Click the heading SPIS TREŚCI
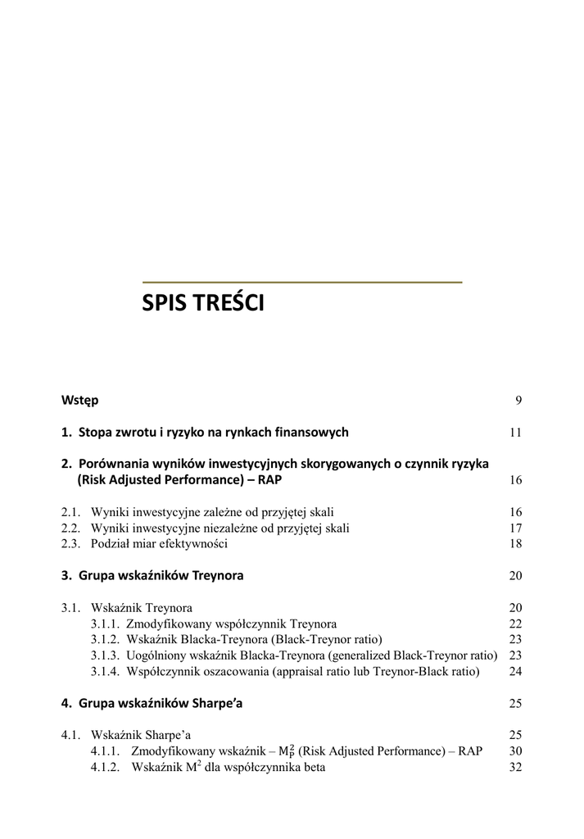click(x=203, y=304)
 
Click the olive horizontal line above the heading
click(x=301, y=282)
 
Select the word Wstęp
click(x=79, y=400)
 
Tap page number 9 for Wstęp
click(x=518, y=401)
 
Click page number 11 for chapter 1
click(x=515, y=433)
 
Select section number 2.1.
click(x=70, y=512)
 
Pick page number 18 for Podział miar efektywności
click(x=515, y=544)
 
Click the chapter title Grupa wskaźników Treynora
click(x=161, y=575)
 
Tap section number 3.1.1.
click(x=105, y=624)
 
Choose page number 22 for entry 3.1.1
click(x=515, y=624)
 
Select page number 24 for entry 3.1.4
click(x=515, y=672)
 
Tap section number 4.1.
click(x=70, y=735)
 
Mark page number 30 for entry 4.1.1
click(x=515, y=751)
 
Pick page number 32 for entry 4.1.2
click(x=515, y=768)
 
